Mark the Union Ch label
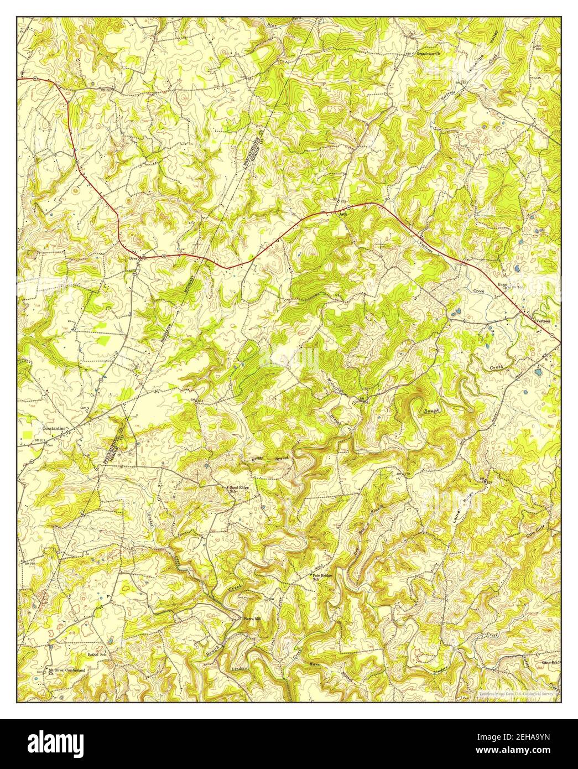[x=502, y=287]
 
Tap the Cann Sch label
[x=549, y=662]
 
